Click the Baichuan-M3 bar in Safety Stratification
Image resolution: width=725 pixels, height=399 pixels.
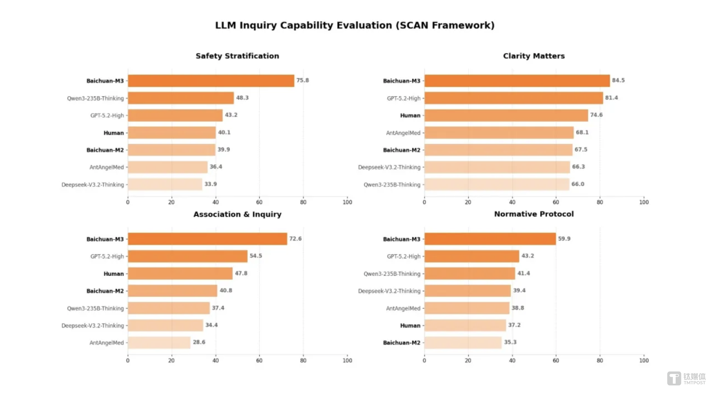(x=211, y=81)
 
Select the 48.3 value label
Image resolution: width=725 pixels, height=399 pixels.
(x=242, y=98)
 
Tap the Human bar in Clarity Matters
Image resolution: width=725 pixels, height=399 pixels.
(x=506, y=115)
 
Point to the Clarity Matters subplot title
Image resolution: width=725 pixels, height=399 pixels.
(x=534, y=56)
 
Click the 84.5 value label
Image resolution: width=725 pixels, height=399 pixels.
(x=618, y=80)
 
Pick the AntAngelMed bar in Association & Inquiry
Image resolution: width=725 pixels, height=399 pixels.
(x=159, y=343)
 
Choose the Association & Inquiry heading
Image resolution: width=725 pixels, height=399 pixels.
(x=237, y=214)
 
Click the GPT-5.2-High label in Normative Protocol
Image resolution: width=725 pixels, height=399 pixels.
(x=404, y=256)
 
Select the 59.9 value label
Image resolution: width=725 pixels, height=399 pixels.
(x=564, y=239)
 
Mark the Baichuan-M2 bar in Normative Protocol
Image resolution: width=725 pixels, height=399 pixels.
(x=463, y=343)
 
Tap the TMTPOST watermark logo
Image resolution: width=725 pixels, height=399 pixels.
(x=686, y=378)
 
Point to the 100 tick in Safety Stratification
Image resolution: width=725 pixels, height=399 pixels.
(x=347, y=202)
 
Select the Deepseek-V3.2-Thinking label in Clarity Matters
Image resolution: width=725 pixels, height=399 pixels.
(x=389, y=167)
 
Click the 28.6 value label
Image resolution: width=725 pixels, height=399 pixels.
(x=199, y=342)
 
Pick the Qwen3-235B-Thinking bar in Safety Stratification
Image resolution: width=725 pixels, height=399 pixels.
(x=181, y=98)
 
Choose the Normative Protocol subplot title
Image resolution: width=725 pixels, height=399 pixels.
(x=534, y=214)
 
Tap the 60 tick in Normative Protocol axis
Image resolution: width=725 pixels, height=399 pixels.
(x=556, y=360)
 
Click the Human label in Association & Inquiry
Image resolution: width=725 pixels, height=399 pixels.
(x=114, y=274)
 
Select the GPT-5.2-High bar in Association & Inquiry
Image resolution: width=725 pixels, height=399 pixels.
(x=187, y=256)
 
